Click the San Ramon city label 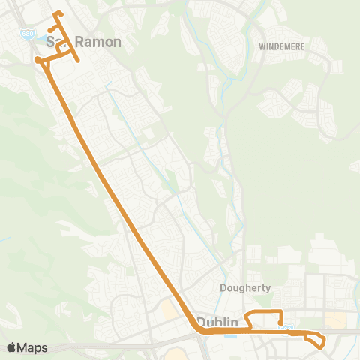tap(83, 42)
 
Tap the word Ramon tap(98, 42)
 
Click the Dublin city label tap(222, 322)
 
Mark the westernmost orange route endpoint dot tap(37, 59)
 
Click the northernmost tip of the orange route tap(57, 13)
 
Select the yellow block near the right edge tap(335, 320)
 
